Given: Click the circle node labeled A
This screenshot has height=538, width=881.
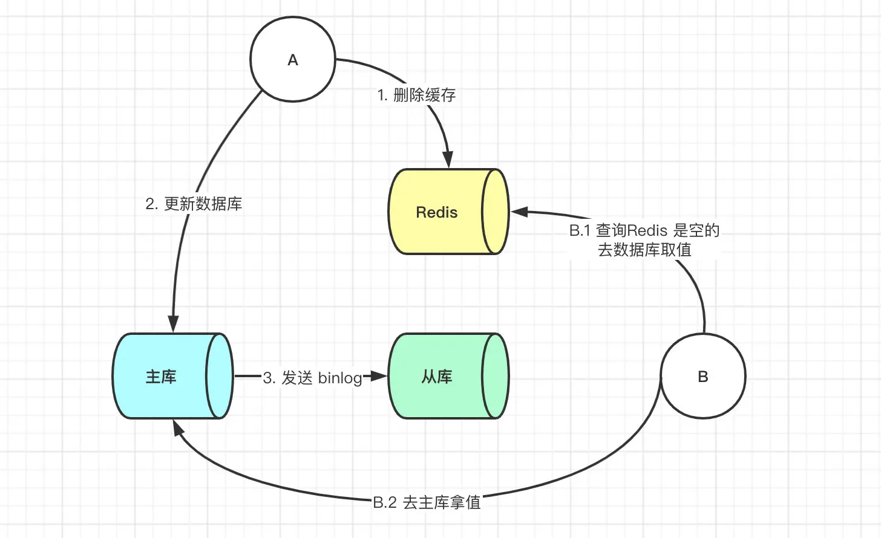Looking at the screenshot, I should point(293,60).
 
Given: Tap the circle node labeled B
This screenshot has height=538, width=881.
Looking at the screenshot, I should point(703,376).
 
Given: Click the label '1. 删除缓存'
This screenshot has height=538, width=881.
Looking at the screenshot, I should point(417,95).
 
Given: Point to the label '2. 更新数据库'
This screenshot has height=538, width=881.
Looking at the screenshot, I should point(194,204).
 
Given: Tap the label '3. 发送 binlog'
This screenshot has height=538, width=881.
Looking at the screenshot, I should point(313,378).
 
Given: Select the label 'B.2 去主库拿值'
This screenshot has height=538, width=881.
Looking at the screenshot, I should point(427,502).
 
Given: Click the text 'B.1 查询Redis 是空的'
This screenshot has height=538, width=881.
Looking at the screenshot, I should point(644,230).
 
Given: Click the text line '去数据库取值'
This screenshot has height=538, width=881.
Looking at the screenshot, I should point(644,250).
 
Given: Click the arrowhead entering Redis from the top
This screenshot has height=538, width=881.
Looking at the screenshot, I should point(448,160).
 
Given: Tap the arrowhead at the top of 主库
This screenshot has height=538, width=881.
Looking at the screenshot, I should point(174,323).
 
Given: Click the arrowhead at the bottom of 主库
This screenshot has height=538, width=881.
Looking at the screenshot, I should point(178,427).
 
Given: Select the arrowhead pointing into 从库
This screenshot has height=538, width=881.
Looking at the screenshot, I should point(379,376).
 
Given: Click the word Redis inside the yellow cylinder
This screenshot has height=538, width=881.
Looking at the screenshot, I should point(437,212).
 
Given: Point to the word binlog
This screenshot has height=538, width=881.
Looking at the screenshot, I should point(340,378).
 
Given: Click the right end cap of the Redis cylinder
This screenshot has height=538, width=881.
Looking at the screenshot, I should point(496,212).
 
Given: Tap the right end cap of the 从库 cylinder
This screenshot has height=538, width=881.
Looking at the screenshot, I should point(496,376).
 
